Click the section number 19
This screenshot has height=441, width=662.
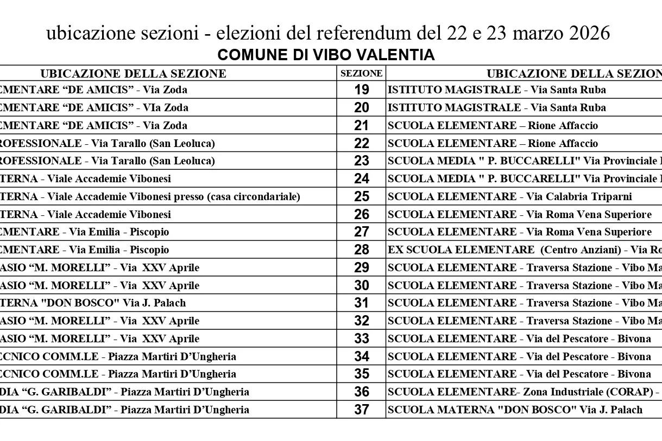(361, 90)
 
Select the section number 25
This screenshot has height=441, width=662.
(361, 196)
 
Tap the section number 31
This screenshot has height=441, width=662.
(361, 303)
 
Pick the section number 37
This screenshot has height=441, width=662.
(361, 410)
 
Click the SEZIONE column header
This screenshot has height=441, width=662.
(361, 73)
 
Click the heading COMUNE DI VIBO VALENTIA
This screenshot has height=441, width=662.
(326, 55)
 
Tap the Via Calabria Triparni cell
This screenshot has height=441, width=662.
(509, 196)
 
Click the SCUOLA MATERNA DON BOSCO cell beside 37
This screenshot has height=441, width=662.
(515, 410)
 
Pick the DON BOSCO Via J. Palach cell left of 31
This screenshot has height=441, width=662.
(92, 303)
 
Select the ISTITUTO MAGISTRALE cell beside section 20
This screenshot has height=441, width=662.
(496, 107)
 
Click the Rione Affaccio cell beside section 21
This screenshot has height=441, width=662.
(493, 125)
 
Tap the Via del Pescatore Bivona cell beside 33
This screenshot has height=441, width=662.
(519, 338)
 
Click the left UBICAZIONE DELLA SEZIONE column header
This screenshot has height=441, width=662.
(133, 73)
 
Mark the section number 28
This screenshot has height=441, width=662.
(361, 250)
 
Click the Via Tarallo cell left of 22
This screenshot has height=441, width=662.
(109, 143)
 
